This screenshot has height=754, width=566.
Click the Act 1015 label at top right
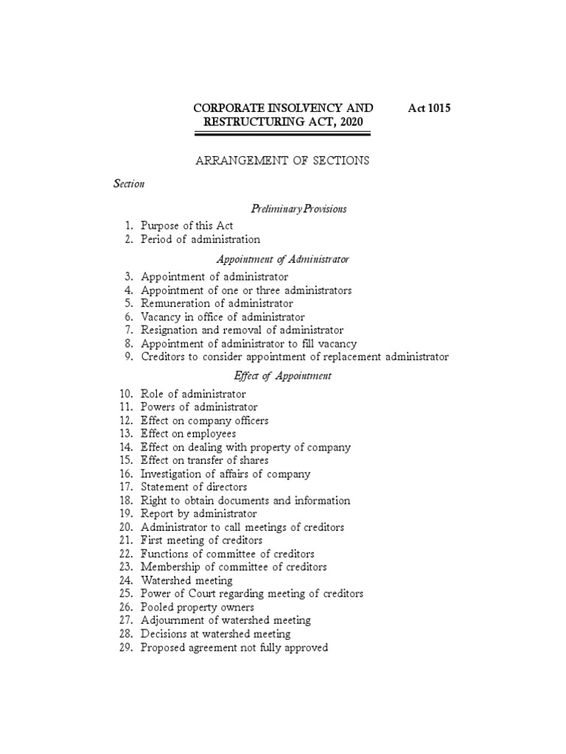point(428,108)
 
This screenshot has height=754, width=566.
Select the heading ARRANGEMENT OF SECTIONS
point(282,160)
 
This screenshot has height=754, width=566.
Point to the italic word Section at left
point(128,184)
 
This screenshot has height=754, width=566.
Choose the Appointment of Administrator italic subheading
point(282,259)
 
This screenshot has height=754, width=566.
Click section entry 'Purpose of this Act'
point(186,225)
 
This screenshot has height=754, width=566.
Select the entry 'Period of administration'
point(200,239)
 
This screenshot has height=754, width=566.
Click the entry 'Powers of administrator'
point(200,406)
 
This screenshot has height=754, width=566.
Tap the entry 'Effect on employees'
point(189,434)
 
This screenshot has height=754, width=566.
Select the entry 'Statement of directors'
point(194,487)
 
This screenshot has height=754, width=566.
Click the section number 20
point(125,527)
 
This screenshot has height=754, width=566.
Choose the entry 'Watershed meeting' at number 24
point(186,580)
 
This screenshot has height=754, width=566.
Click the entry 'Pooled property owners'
point(198,607)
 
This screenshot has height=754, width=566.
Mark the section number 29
point(125,647)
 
